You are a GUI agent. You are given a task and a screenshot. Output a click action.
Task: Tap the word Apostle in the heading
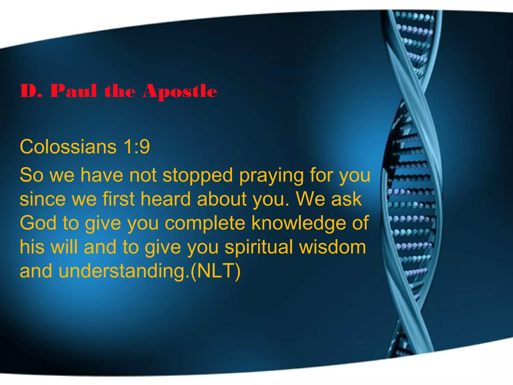pyautogui.click(x=180, y=91)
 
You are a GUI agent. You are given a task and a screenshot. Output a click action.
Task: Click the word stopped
pyautogui.click(x=198, y=175)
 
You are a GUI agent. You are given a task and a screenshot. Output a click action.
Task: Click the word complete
pyautogui.click(x=205, y=223)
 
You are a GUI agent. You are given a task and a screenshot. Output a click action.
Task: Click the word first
pyautogui.click(x=118, y=199)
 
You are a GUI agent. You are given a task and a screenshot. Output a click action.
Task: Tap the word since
pyautogui.click(x=43, y=199)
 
